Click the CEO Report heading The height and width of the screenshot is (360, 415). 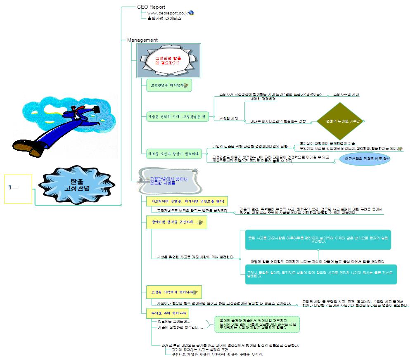tap(151, 7)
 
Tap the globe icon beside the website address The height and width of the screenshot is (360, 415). tap(191, 13)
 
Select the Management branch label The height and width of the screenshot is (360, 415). tap(142, 40)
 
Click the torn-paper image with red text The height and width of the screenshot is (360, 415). tap(168, 61)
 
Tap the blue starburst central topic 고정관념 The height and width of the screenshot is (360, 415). tap(77, 184)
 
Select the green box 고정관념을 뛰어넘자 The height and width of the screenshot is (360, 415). tap(169, 85)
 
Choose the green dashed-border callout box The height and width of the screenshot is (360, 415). tap(257, 324)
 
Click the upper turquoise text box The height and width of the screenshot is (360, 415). tap(318, 239)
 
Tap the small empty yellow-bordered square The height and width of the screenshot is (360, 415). tap(18, 189)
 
